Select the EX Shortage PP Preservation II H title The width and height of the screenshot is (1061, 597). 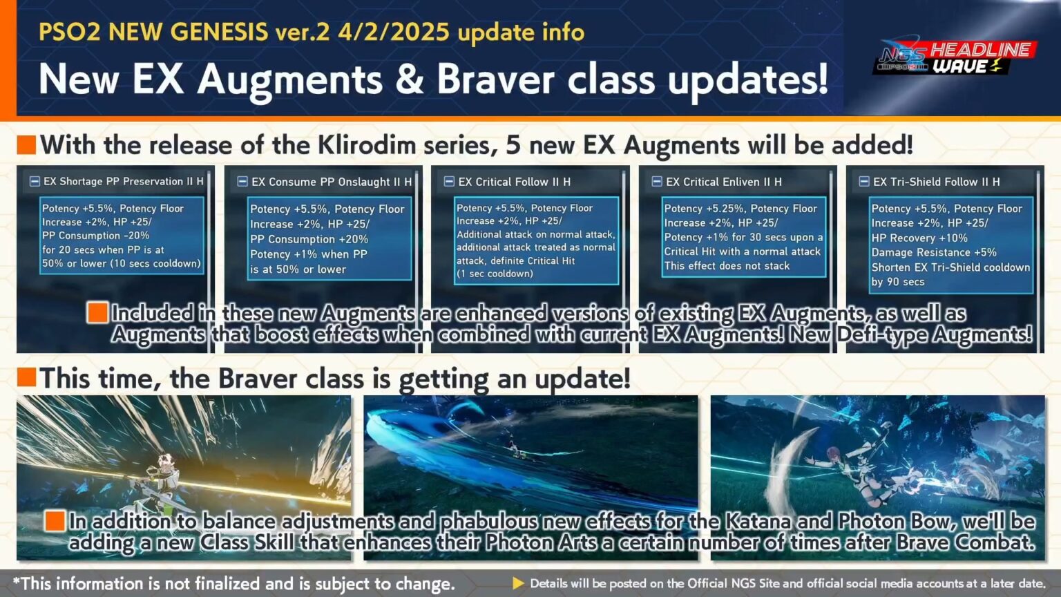[124, 182]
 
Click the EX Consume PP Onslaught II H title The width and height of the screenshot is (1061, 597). [332, 182]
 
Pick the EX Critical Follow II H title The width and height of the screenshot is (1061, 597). [515, 182]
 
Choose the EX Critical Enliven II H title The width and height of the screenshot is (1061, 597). [724, 182]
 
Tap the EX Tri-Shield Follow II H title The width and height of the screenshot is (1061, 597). [936, 182]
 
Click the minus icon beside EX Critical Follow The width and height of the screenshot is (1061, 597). [449, 182]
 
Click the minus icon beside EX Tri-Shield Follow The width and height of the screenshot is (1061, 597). [863, 182]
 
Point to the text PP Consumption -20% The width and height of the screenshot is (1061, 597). [95, 236]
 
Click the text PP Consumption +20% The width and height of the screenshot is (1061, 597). [309, 239]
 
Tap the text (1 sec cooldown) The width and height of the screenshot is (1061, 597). [495, 274]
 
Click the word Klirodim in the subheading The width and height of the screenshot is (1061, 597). [366, 145]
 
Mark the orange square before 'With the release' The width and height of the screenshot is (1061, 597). [26, 145]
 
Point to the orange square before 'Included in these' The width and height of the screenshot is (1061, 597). [97, 313]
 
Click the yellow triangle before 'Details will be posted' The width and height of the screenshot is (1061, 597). [518, 583]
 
